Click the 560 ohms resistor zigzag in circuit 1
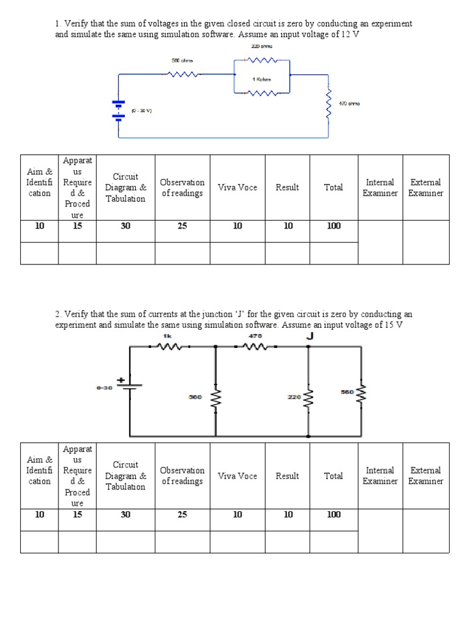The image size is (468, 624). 182,74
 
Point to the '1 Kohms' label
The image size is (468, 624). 262,79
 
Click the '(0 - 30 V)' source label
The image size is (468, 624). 141,111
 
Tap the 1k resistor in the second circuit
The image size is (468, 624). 170,346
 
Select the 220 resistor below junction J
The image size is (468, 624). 309,399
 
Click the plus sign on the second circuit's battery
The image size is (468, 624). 121,380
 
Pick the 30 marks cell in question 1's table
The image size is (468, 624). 125,225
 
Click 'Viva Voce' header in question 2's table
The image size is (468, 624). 237,476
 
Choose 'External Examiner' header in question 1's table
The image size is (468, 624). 425,188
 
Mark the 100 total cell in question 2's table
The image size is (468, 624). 333,514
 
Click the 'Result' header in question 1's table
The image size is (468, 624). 287,188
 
